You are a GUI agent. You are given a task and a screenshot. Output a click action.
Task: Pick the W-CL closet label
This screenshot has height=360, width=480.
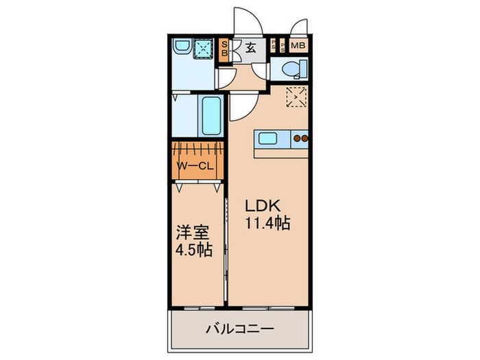point(197,166)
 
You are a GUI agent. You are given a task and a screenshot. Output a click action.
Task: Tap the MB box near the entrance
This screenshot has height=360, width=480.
point(298,46)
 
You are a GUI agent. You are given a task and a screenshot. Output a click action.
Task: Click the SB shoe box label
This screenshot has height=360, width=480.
point(224,51)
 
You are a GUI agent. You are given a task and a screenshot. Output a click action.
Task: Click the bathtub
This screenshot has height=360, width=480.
point(211,117)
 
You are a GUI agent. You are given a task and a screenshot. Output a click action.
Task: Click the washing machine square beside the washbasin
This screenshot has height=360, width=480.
point(204,47)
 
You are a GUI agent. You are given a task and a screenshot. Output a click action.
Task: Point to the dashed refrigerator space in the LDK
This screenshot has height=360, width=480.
point(296,98)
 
